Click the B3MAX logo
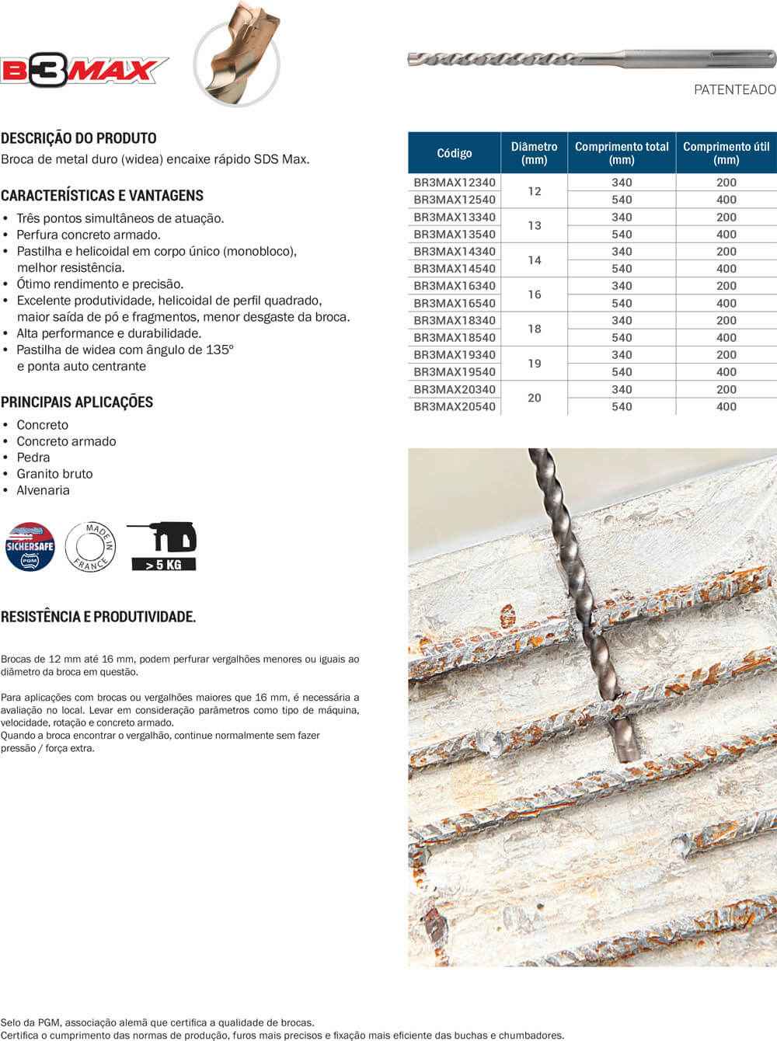click(84, 71)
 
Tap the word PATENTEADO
click(734, 90)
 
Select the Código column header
click(455, 153)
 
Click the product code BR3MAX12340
click(455, 183)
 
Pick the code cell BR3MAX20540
click(455, 406)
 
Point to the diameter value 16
click(535, 294)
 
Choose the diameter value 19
click(535, 364)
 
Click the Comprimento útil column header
click(726, 153)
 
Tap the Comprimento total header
click(622, 153)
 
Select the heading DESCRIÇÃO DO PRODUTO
click(78, 138)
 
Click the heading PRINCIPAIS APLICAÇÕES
click(77, 402)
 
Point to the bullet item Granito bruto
click(54, 474)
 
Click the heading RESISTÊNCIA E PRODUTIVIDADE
click(98, 617)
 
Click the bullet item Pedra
click(33, 458)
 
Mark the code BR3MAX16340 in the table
click(455, 286)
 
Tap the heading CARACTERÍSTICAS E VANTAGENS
click(102, 196)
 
